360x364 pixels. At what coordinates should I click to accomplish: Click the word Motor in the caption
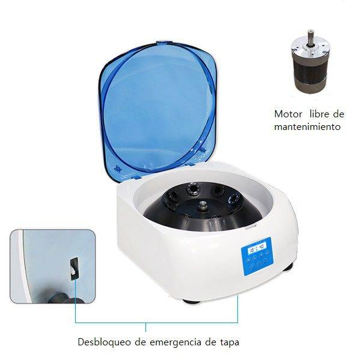coord(288,114)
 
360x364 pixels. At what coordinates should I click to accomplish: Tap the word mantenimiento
coord(307,127)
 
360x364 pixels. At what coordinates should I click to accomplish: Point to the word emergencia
coord(175,343)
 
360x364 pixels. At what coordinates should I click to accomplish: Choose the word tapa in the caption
coord(229,343)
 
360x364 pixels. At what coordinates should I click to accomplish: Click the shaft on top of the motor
coord(311,37)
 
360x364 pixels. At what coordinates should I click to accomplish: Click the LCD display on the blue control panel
coord(257,249)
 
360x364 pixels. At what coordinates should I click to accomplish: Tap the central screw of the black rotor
coord(203,205)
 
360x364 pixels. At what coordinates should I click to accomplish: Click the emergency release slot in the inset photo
coord(75,268)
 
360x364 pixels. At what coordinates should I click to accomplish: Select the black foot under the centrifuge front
coord(191,301)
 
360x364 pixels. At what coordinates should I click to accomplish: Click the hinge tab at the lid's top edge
coord(164,43)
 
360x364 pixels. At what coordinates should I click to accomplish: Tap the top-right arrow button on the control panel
coord(267,253)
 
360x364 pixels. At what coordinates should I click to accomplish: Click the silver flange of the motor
coord(311,49)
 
